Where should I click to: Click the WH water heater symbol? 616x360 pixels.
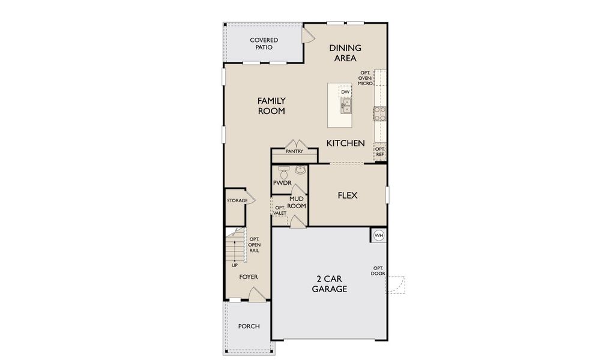click(x=379, y=235)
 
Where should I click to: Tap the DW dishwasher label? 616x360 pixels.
click(x=345, y=92)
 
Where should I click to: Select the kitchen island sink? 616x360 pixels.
click(x=346, y=107)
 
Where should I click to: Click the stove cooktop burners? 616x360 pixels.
click(x=380, y=113)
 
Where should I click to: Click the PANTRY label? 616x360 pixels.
click(x=294, y=151)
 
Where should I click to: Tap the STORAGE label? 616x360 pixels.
click(x=237, y=200)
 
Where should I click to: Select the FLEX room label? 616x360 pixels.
click(x=348, y=195)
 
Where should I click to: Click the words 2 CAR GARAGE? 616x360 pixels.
click(x=330, y=284)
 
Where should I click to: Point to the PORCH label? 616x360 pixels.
click(x=249, y=326)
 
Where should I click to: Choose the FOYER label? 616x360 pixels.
click(x=249, y=277)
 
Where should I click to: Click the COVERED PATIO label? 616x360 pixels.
click(x=264, y=43)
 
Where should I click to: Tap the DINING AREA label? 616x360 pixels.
click(x=345, y=53)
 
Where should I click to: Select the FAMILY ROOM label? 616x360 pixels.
click(x=271, y=106)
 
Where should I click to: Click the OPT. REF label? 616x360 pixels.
click(x=379, y=151)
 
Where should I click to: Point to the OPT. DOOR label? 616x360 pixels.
click(x=378, y=271)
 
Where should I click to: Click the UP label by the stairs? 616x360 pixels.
click(x=234, y=265)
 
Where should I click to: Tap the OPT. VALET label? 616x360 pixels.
click(x=280, y=210)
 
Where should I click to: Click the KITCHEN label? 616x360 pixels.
click(x=346, y=143)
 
